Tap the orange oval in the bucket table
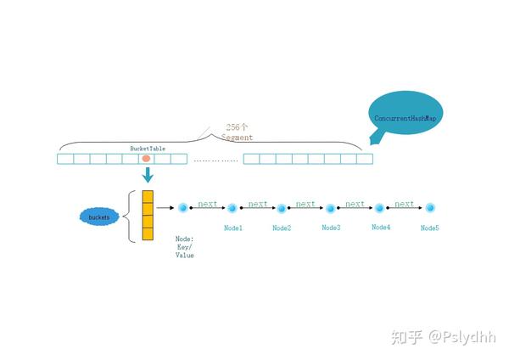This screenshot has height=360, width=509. tap(146, 159)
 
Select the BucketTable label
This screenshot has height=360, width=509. tap(147, 148)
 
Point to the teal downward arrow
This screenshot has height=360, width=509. tap(148, 175)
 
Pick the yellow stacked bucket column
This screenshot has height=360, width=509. tap(148, 217)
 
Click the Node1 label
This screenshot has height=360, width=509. tap(233, 228)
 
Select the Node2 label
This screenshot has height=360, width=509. tap(282, 228)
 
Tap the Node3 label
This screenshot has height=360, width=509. tap(331, 228)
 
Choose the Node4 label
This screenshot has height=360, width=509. tap(381, 228)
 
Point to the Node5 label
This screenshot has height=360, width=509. tap(430, 228)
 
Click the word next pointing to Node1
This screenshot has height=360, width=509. tap(207, 204)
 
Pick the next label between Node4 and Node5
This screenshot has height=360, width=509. tap(405, 204)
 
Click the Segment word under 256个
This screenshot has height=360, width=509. tap(237, 137)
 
